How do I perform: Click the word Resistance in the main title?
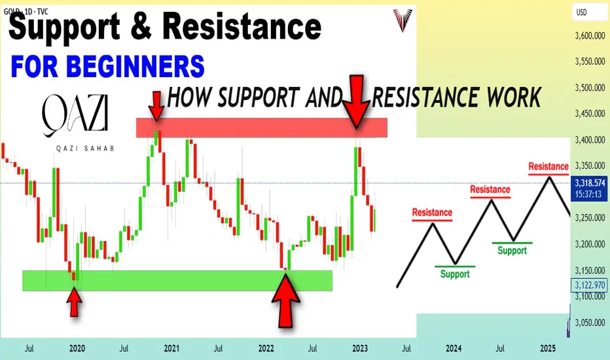[242, 26]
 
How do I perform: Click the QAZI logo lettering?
[75, 115]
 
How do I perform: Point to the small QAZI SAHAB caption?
[85, 149]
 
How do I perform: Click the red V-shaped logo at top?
[402, 20]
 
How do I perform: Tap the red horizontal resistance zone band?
[261, 128]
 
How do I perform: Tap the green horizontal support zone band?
[177, 281]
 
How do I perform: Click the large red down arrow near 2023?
[357, 101]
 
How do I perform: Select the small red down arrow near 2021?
[156, 106]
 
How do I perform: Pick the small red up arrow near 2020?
[74, 302]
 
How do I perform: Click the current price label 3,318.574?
[590, 183]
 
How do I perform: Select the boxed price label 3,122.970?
[590, 285]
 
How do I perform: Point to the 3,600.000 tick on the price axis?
[590, 36]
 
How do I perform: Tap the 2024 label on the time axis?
[454, 348]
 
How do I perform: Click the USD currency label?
[581, 12]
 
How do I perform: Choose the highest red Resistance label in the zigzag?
[548, 166]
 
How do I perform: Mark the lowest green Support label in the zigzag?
[455, 274]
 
